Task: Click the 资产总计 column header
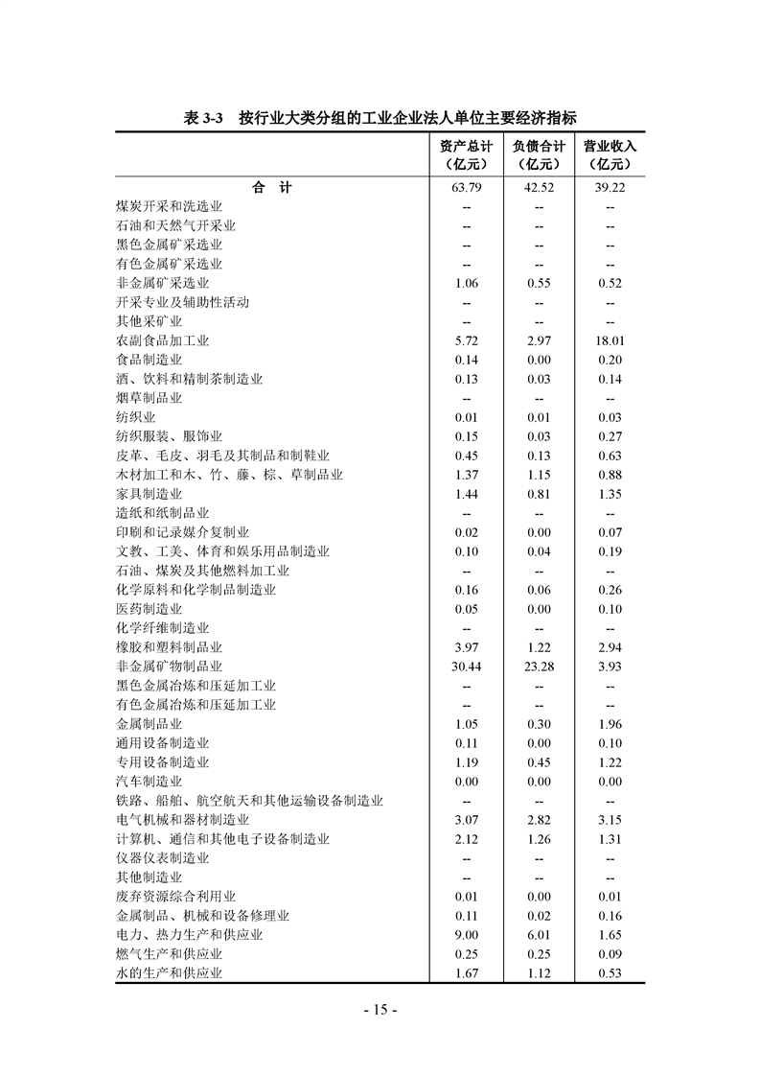467,148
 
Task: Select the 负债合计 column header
538,148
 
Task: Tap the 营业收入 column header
610,148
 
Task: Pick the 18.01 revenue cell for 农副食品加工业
610,340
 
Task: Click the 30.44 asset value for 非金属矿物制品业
467,667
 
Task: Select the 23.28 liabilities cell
538,667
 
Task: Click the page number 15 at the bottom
380,1010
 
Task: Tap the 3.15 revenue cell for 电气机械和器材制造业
610,820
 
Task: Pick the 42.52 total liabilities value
538,188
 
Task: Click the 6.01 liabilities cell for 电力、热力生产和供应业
538,935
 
